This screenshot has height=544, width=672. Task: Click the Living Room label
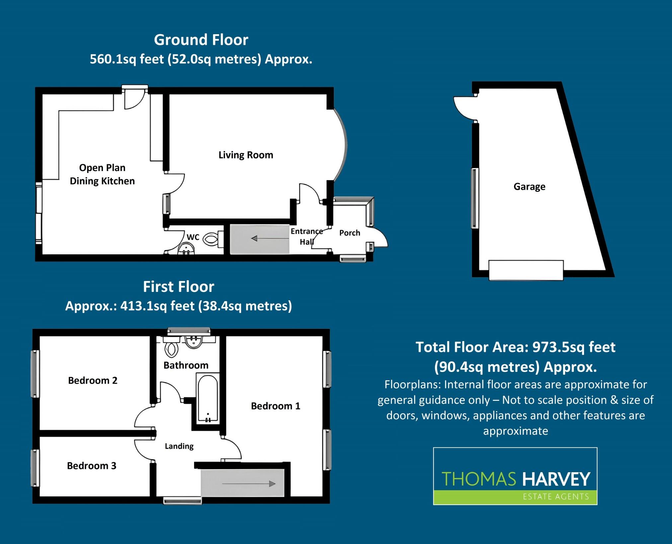pos(246,155)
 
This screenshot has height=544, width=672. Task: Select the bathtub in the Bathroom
pos(208,398)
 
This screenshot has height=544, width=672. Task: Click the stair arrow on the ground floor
pos(269,238)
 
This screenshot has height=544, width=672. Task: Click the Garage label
pos(529,187)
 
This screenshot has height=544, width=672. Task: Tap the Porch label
pos(349,233)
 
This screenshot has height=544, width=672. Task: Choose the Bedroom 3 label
pos(92,466)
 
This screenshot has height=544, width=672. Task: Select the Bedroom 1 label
pos(275,406)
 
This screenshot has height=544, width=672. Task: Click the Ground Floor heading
pos(201,40)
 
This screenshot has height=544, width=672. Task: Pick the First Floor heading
pos(179,287)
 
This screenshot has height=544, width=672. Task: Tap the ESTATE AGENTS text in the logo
pos(556,497)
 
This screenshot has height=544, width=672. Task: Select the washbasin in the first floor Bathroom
pos(194,342)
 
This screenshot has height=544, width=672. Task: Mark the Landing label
pos(179,446)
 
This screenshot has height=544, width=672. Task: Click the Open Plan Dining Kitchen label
pos(102,174)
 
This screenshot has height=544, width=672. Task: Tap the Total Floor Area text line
pos(515,347)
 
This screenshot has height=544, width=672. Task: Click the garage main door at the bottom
pos(526,270)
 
